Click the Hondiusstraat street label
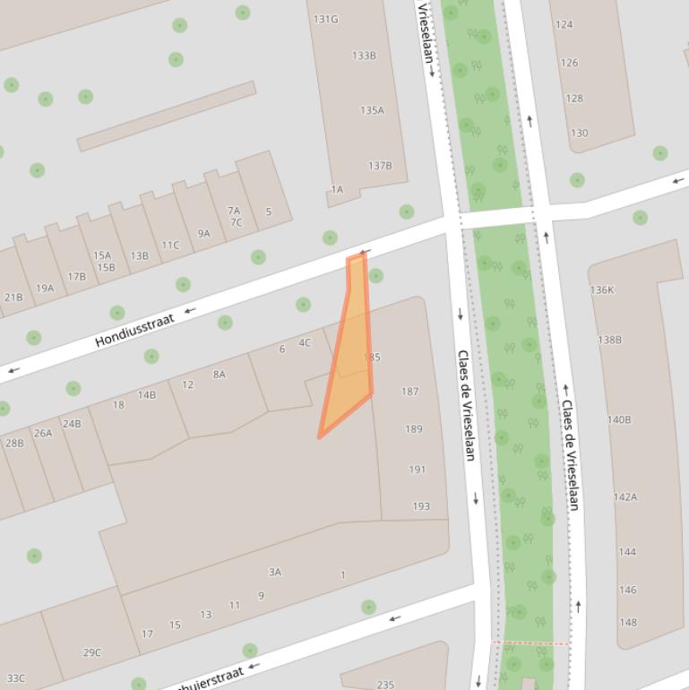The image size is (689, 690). pyautogui.click(x=134, y=329)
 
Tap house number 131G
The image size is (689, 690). pyautogui.click(x=325, y=19)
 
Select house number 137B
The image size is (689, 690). pyautogui.click(x=380, y=166)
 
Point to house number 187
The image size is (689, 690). pyautogui.click(x=409, y=392)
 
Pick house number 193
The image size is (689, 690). pyautogui.click(x=421, y=506)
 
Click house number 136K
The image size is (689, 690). pyautogui.click(x=602, y=290)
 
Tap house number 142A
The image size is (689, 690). pyautogui.click(x=625, y=497)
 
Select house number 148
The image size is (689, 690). pyautogui.click(x=627, y=622)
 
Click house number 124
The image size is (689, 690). pyautogui.click(x=564, y=24)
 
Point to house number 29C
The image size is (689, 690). pyautogui.click(x=92, y=652)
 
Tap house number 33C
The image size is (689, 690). pyautogui.click(x=15, y=678)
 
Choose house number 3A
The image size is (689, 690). pyautogui.click(x=275, y=572)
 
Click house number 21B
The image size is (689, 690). pyautogui.click(x=13, y=298)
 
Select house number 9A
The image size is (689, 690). pyautogui.click(x=203, y=234)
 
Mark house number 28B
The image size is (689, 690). pyautogui.click(x=14, y=443)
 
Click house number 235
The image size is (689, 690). pyautogui.click(x=385, y=685)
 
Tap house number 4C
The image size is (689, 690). pyautogui.click(x=305, y=342)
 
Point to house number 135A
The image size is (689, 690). pyautogui.click(x=372, y=111)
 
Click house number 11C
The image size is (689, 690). pyautogui.click(x=170, y=246)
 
